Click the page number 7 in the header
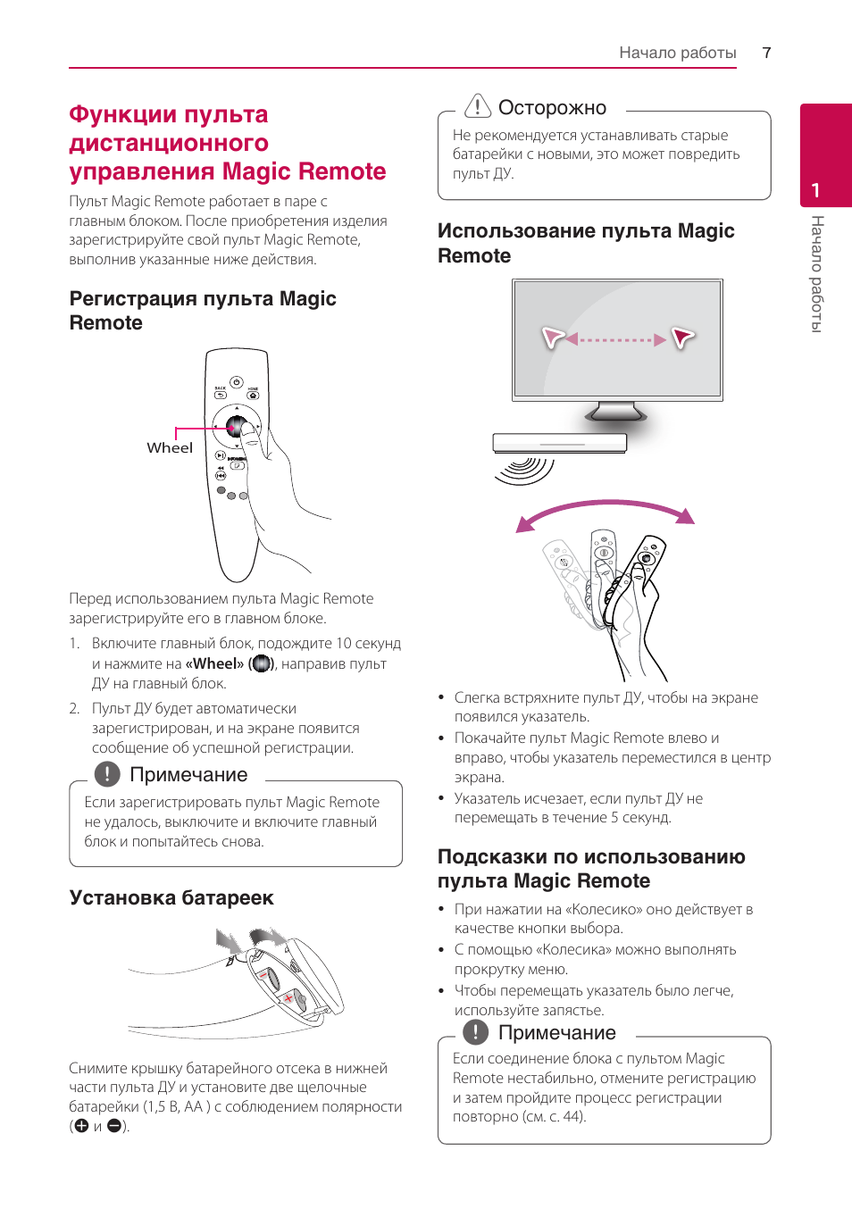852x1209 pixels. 766,53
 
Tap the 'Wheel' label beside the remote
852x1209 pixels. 170,448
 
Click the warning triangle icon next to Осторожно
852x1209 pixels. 478,106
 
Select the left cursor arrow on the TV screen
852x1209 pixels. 554,338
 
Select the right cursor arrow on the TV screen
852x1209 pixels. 683,338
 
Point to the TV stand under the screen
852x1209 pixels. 616,412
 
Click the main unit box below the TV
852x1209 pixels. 560,443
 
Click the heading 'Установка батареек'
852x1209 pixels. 171,897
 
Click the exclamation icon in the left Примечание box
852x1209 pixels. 107,774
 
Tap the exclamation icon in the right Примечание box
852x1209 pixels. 476,1032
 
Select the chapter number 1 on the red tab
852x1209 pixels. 815,190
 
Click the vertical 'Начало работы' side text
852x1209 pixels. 816,273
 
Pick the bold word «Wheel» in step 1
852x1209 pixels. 214,663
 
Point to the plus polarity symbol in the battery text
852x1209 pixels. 82,1126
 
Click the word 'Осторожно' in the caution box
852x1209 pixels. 552,108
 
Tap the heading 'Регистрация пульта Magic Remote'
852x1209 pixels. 203,310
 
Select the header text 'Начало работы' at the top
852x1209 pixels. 677,53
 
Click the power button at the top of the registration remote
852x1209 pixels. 237,382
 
